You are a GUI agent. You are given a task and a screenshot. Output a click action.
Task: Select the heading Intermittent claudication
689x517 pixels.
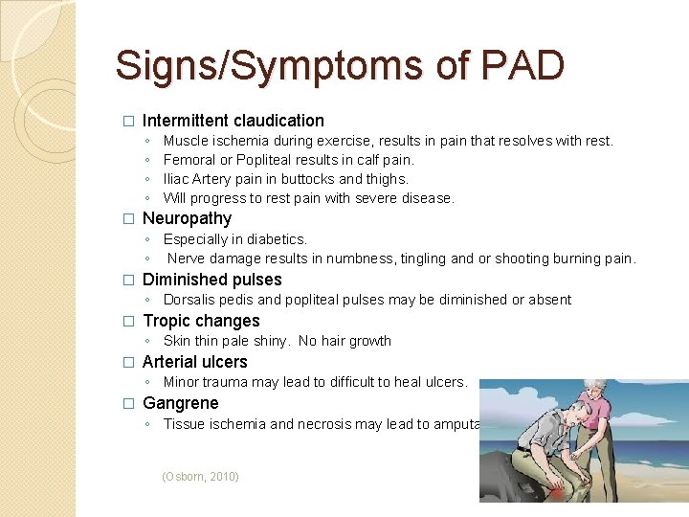(233, 121)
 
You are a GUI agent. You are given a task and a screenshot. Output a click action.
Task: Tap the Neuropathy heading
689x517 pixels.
(187, 218)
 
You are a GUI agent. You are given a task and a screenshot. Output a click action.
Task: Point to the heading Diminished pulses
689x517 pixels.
(211, 280)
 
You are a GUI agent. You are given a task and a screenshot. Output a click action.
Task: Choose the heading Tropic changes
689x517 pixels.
(201, 321)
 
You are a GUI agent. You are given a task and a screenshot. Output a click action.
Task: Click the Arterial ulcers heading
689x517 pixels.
(194, 362)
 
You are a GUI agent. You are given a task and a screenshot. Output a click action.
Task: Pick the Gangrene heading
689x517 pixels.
(180, 403)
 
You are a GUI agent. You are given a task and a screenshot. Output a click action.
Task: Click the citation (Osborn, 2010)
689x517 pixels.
(201, 476)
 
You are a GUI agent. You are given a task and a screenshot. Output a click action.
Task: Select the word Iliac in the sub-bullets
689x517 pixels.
(177, 179)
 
